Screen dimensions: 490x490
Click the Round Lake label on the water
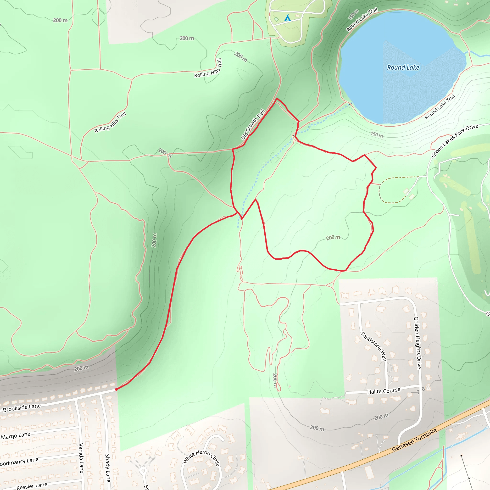pos(403,67)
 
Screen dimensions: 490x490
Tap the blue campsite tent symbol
pos(287,18)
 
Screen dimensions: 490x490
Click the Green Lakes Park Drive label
pos(455,140)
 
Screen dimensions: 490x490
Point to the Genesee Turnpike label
pos(414,440)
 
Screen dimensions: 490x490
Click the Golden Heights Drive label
pos(417,343)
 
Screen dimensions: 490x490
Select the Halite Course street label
pos(384,391)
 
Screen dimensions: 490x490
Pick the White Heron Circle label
pos(201,458)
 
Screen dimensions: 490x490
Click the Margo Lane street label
pos(16,436)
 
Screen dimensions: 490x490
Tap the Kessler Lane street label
pos(32,485)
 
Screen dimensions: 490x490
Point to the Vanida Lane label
pos(81,458)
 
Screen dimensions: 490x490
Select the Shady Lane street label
pos(107,468)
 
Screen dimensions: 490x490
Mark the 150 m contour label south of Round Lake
pos(377,134)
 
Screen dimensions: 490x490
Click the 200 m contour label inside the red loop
pos(333,237)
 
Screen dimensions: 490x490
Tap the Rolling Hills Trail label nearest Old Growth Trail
pos(110,122)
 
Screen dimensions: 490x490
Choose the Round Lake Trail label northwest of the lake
pos(362,20)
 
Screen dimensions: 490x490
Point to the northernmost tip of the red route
pos(277,98)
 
